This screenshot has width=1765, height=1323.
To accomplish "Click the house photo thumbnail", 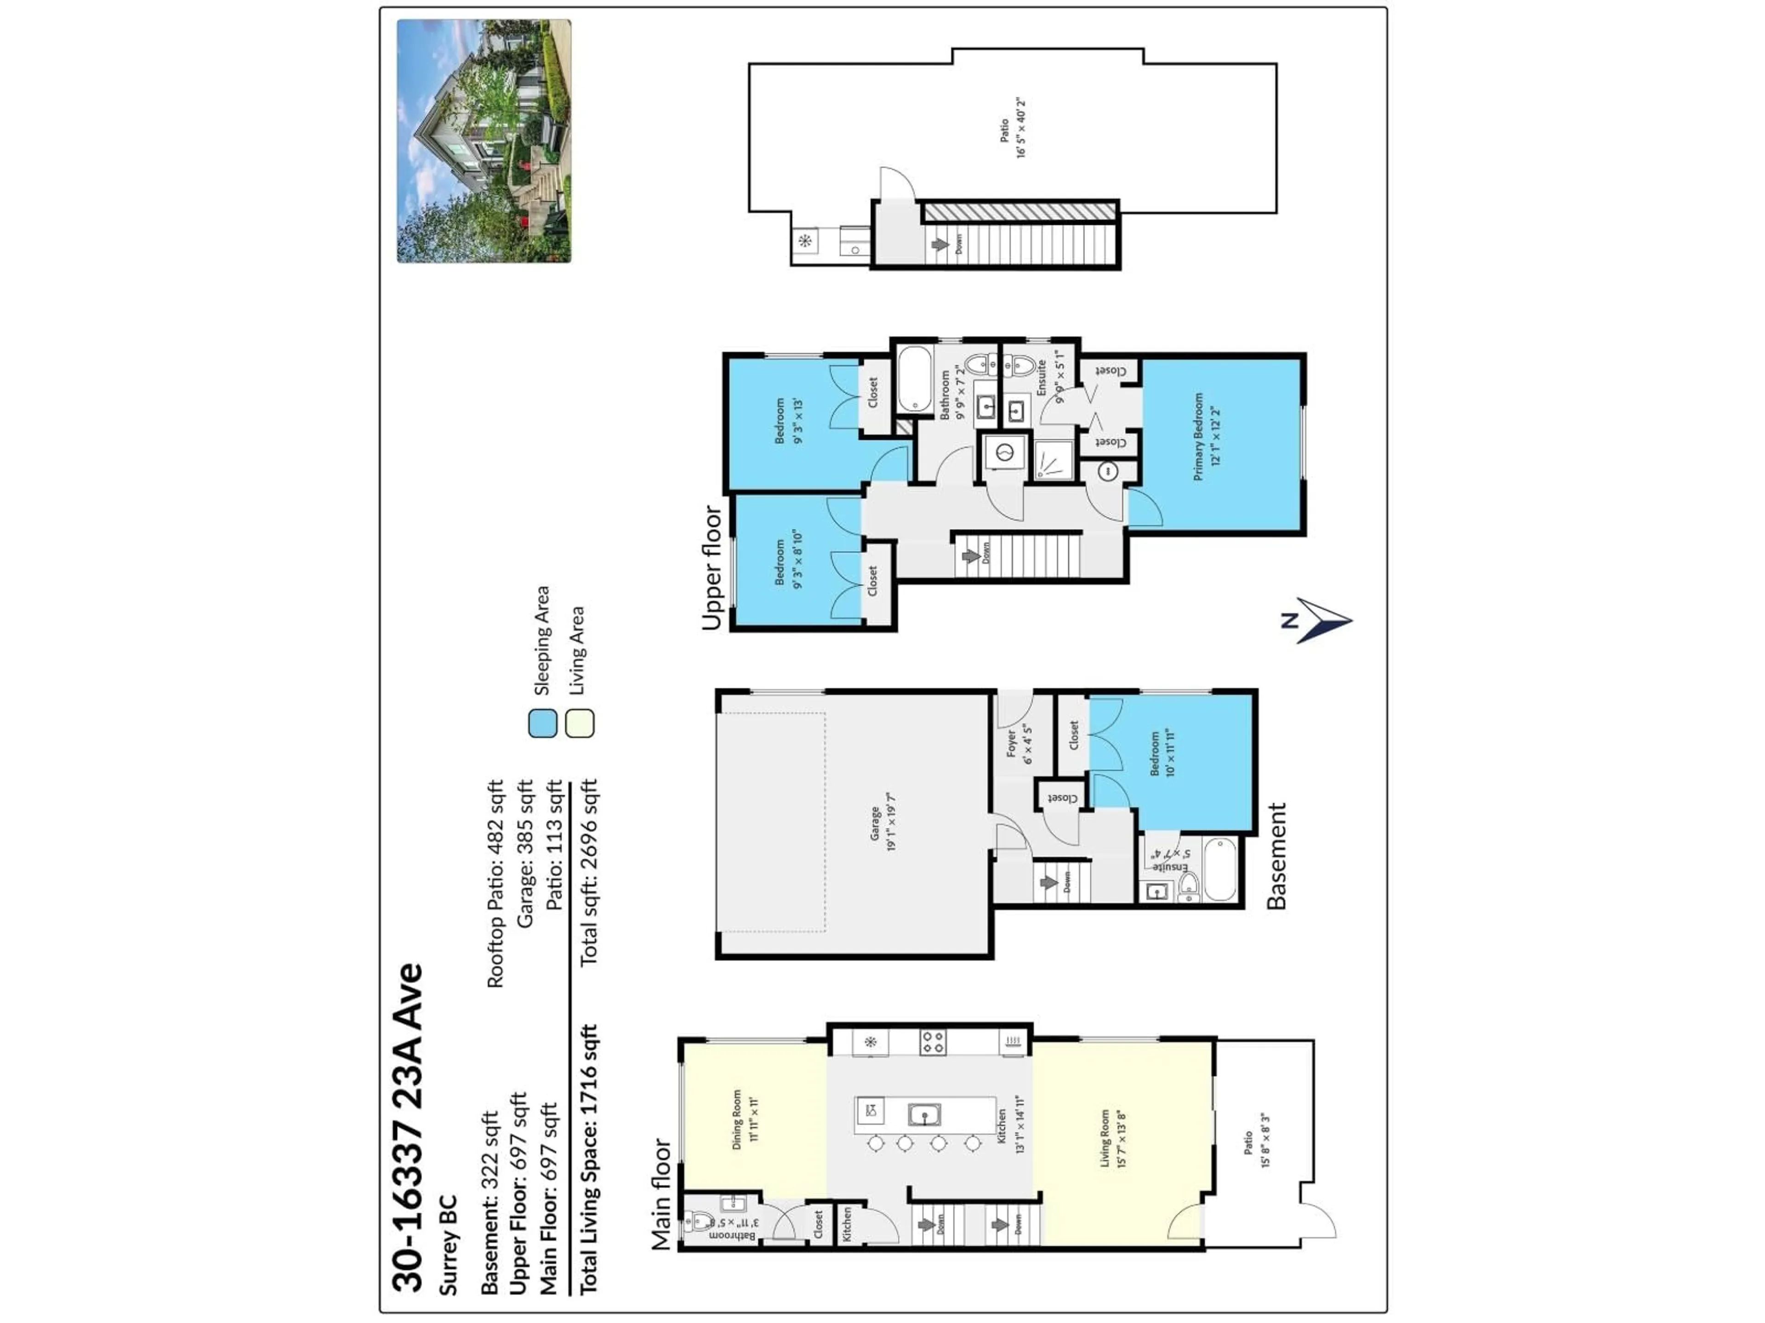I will click(x=484, y=141).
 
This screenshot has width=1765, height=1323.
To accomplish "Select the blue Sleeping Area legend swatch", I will click(x=542, y=724).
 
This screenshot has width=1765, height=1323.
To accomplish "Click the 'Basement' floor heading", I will click(x=1277, y=856).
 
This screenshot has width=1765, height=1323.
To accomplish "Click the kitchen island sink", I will click(x=924, y=1114).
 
